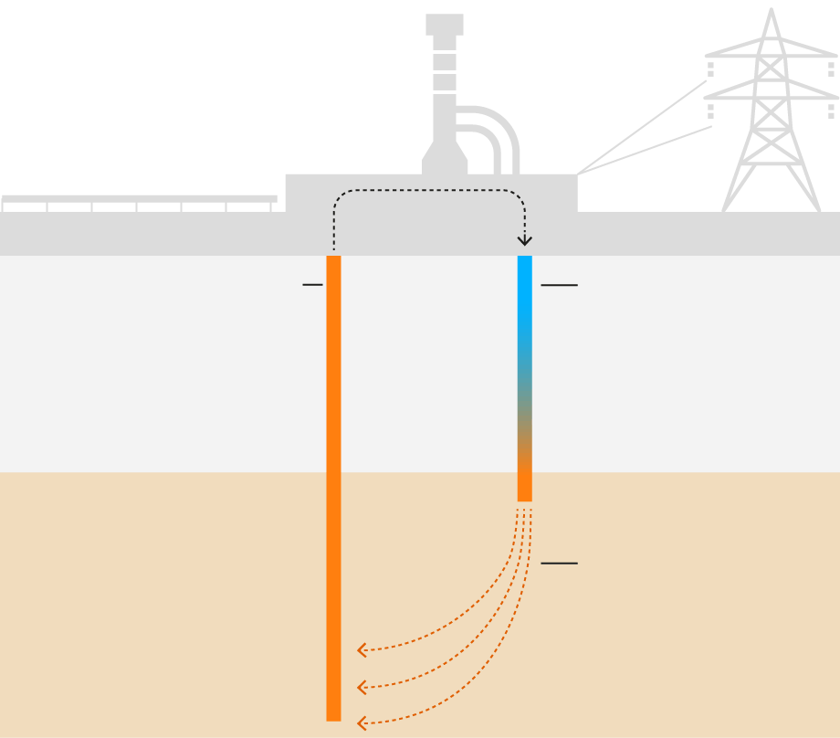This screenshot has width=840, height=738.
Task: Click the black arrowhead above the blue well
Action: point(524,240)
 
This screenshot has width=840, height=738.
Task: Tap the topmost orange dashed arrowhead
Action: point(362,650)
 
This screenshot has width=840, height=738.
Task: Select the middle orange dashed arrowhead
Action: point(362,687)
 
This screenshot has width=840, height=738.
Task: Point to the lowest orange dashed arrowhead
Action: point(362,723)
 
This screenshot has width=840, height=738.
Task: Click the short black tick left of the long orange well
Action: point(312,285)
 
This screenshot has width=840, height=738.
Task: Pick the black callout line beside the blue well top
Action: point(559,286)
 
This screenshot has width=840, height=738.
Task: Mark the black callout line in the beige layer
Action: point(559,564)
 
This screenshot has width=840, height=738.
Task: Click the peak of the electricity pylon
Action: point(772,13)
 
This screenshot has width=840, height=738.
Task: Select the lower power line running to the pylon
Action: point(645,150)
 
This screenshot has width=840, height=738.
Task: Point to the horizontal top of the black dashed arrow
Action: point(429,190)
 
